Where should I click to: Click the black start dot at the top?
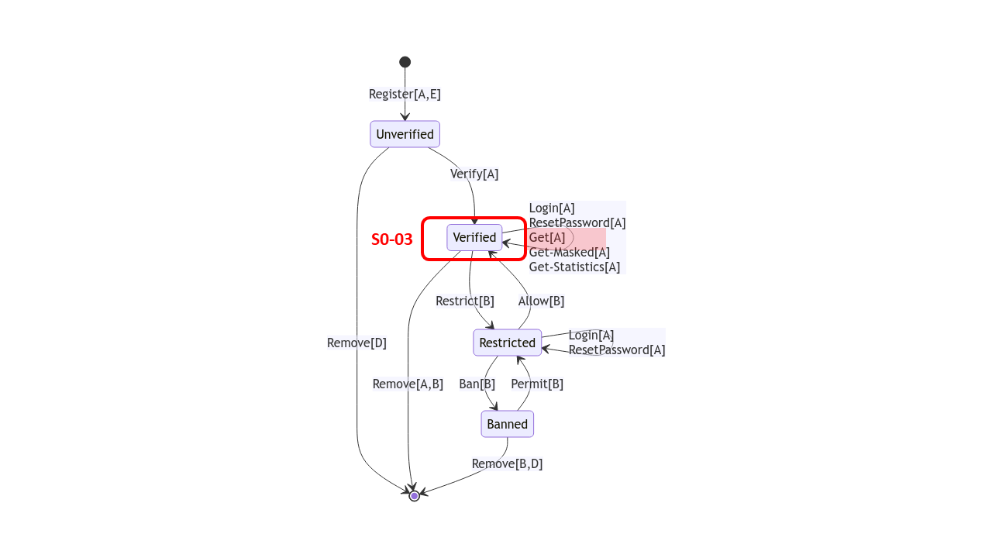click(x=405, y=62)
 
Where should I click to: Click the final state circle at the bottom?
click(x=415, y=496)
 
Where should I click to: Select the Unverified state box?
click(x=405, y=134)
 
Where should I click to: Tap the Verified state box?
click(x=474, y=237)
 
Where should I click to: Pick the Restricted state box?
click(x=507, y=343)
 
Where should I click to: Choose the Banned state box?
click(x=507, y=424)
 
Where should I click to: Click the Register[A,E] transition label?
click(x=405, y=94)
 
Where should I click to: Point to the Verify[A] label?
click(x=474, y=174)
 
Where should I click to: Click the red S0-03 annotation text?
click(x=392, y=239)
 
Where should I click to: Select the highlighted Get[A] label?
click(x=547, y=237)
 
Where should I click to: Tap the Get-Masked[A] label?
click(x=569, y=252)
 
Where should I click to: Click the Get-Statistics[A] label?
click(x=574, y=267)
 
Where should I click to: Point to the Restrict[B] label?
click(x=465, y=301)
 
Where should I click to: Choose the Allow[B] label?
click(x=541, y=301)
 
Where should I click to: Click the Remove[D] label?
click(x=356, y=343)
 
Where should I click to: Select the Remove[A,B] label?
click(x=408, y=384)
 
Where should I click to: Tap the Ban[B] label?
click(x=477, y=384)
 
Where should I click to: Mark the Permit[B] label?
click(x=537, y=384)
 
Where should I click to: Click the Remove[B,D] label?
click(x=507, y=463)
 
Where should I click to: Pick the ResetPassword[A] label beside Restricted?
click(x=617, y=350)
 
